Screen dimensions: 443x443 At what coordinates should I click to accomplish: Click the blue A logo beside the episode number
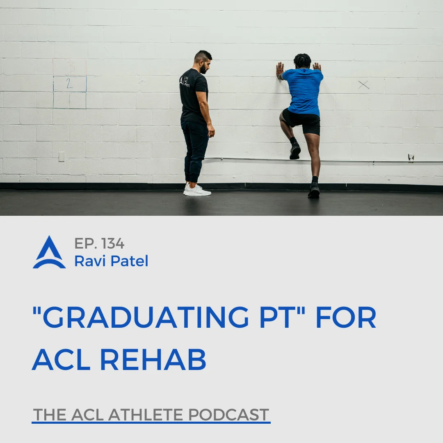(x=50, y=252)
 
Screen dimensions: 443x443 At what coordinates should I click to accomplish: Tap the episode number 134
(x=113, y=244)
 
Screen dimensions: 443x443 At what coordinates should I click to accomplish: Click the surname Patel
(x=129, y=261)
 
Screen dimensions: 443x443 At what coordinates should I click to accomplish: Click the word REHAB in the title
(x=153, y=359)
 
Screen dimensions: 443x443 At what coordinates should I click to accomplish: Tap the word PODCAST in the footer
(x=228, y=414)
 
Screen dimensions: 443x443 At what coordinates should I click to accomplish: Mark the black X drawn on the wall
(x=363, y=85)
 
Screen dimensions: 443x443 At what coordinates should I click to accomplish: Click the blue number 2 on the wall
(x=69, y=83)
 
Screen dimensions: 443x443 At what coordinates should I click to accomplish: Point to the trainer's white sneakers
(x=197, y=190)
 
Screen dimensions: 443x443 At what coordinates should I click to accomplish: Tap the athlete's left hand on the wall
(x=280, y=71)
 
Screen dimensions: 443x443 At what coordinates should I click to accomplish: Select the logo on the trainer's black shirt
(x=185, y=81)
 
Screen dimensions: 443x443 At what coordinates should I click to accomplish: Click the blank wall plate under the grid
(x=61, y=157)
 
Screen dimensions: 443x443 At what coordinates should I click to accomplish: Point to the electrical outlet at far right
(x=411, y=158)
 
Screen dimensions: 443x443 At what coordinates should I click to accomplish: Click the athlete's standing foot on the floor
(x=314, y=191)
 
